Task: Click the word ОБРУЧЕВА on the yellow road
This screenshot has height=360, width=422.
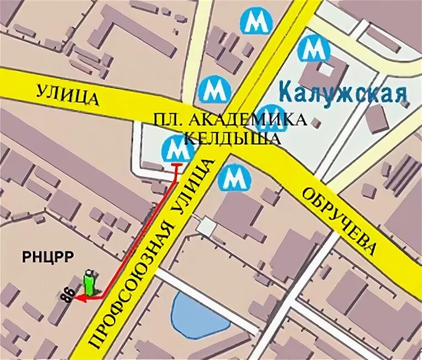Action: tap(339, 222)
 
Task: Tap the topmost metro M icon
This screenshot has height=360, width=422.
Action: tap(256, 22)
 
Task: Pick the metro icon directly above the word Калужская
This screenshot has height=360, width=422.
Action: tap(313, 49)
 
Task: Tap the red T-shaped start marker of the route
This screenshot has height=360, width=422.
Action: tap(177, 166)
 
